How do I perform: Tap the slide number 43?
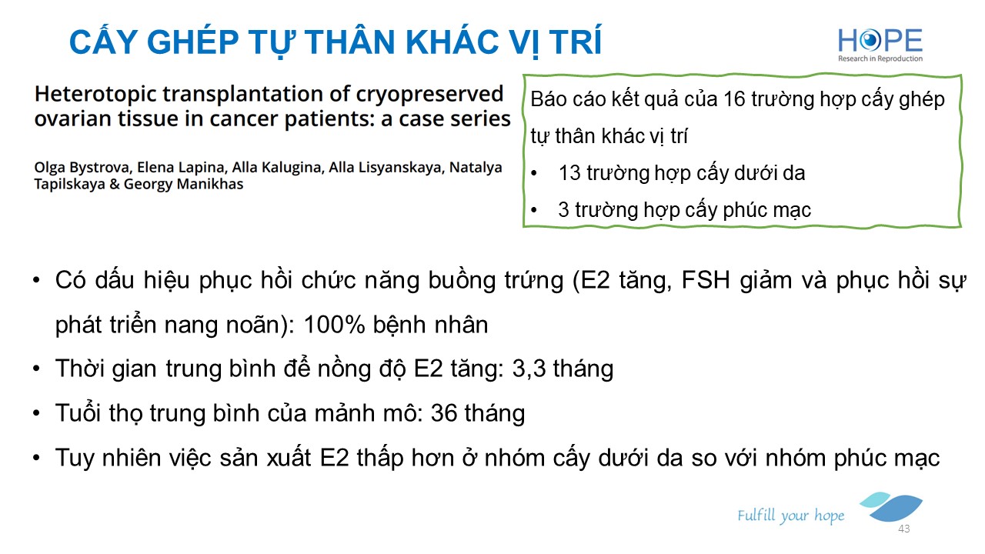tap(904, 529)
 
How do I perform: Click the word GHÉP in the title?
tap(192, 42)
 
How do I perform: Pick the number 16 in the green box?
tap(734, 99)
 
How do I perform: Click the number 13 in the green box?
tap(569, 173)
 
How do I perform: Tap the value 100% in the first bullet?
tap(334, 325)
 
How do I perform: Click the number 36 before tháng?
tap(444, 413)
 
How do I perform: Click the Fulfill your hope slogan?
tap(790, 516)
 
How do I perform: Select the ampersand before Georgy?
tap(115, 184)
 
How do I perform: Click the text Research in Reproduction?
tap(880, 58)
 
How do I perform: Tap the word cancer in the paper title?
tap(242, 119)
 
